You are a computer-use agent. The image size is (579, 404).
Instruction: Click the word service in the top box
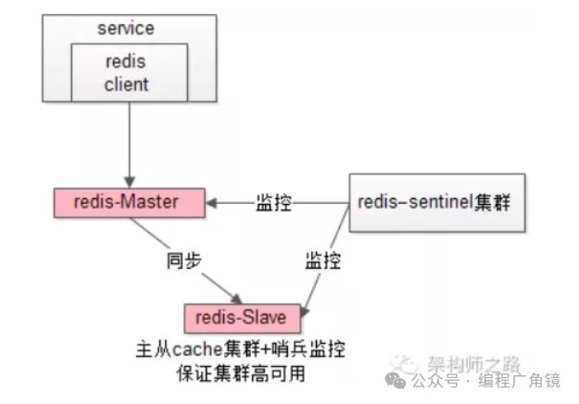tap(125, 28)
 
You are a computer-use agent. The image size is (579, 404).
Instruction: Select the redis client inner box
tap(126, 72)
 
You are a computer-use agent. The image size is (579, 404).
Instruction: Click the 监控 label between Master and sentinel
tap(275, 201)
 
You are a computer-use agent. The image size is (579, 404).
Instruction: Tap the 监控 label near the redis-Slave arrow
tap(323, 260)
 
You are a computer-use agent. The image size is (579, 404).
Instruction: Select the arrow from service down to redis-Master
tap(127, 148)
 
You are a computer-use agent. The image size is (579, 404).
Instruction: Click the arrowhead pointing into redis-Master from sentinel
tap(212, 201)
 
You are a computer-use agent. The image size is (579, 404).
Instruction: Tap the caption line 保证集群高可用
tap(240, 373)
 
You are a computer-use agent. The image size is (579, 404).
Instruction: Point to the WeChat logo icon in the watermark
tap(396, 379)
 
